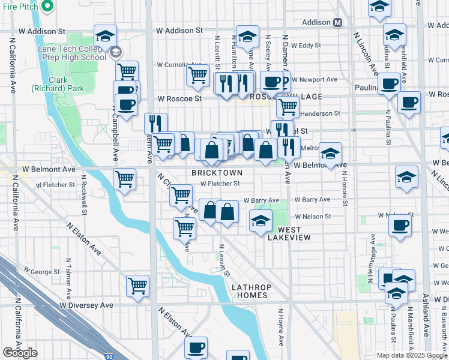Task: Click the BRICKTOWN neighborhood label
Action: (217, 173)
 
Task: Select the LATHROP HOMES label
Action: (252, 291)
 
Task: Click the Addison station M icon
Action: (337, 22)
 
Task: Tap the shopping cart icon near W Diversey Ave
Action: (138, 286)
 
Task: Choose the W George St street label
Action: (41, 272)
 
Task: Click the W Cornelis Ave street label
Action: (179, 64)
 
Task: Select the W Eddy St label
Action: (306, 46)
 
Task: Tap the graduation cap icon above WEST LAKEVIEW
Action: (261, 222)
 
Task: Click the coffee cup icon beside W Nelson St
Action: (400, 226)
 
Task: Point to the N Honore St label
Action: (345, 188)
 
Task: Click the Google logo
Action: (20, 353)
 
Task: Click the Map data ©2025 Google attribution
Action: (411, 355)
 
